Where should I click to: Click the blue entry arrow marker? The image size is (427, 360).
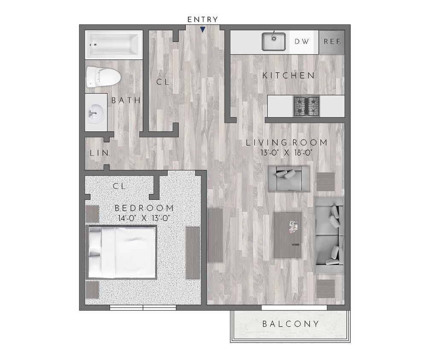click(203, 29)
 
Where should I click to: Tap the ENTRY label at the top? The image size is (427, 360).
click(203, 19)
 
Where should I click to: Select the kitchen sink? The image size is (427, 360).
click(273, 41)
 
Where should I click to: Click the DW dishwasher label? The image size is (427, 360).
click(302, 42)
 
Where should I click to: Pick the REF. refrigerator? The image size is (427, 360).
click(331, 42)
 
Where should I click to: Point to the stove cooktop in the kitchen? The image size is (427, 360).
click(306, 106)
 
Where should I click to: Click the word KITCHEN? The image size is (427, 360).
click(288, 75)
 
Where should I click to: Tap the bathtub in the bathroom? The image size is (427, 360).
click(113, 44)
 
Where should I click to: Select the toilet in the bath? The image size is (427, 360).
click(103, 77)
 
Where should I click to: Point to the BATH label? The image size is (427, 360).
click(126, 101)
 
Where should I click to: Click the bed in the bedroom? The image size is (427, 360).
click(122, 252)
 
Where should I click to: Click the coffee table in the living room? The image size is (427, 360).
click(288, 235)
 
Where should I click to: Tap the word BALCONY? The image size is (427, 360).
click(290, 324)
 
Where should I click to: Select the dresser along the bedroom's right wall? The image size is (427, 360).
click(193, 253)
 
